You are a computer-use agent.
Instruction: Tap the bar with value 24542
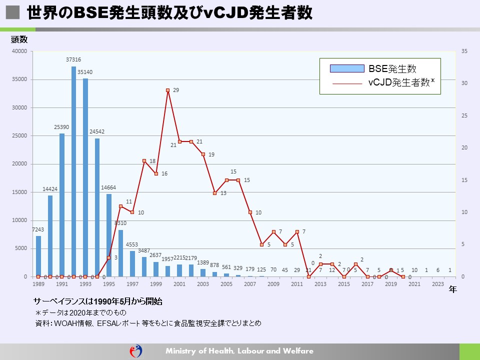(x=97, y=207)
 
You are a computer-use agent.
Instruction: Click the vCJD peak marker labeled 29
(x=168, y=90)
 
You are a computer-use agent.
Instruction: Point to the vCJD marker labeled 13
(x=215, y=193)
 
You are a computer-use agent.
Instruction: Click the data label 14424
(x=50, y=189)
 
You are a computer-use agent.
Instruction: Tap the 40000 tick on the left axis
(x=20, y=51)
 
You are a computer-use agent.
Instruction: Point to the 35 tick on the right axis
(x=464, y=51)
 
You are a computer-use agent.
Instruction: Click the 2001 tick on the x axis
(x=180, y=284)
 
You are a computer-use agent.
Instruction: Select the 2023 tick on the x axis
(x=438, y=284)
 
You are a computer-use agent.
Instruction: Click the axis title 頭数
(x=19, y=39)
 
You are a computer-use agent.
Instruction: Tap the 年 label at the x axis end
(x=452, y=289)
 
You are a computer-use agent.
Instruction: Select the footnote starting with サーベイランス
(x=97, y=302)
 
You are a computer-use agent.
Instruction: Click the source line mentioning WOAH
(x=148, y=323)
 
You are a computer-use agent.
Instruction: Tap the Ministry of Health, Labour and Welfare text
(x=239, y=351)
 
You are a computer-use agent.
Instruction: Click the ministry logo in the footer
(x=136, y=351)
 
